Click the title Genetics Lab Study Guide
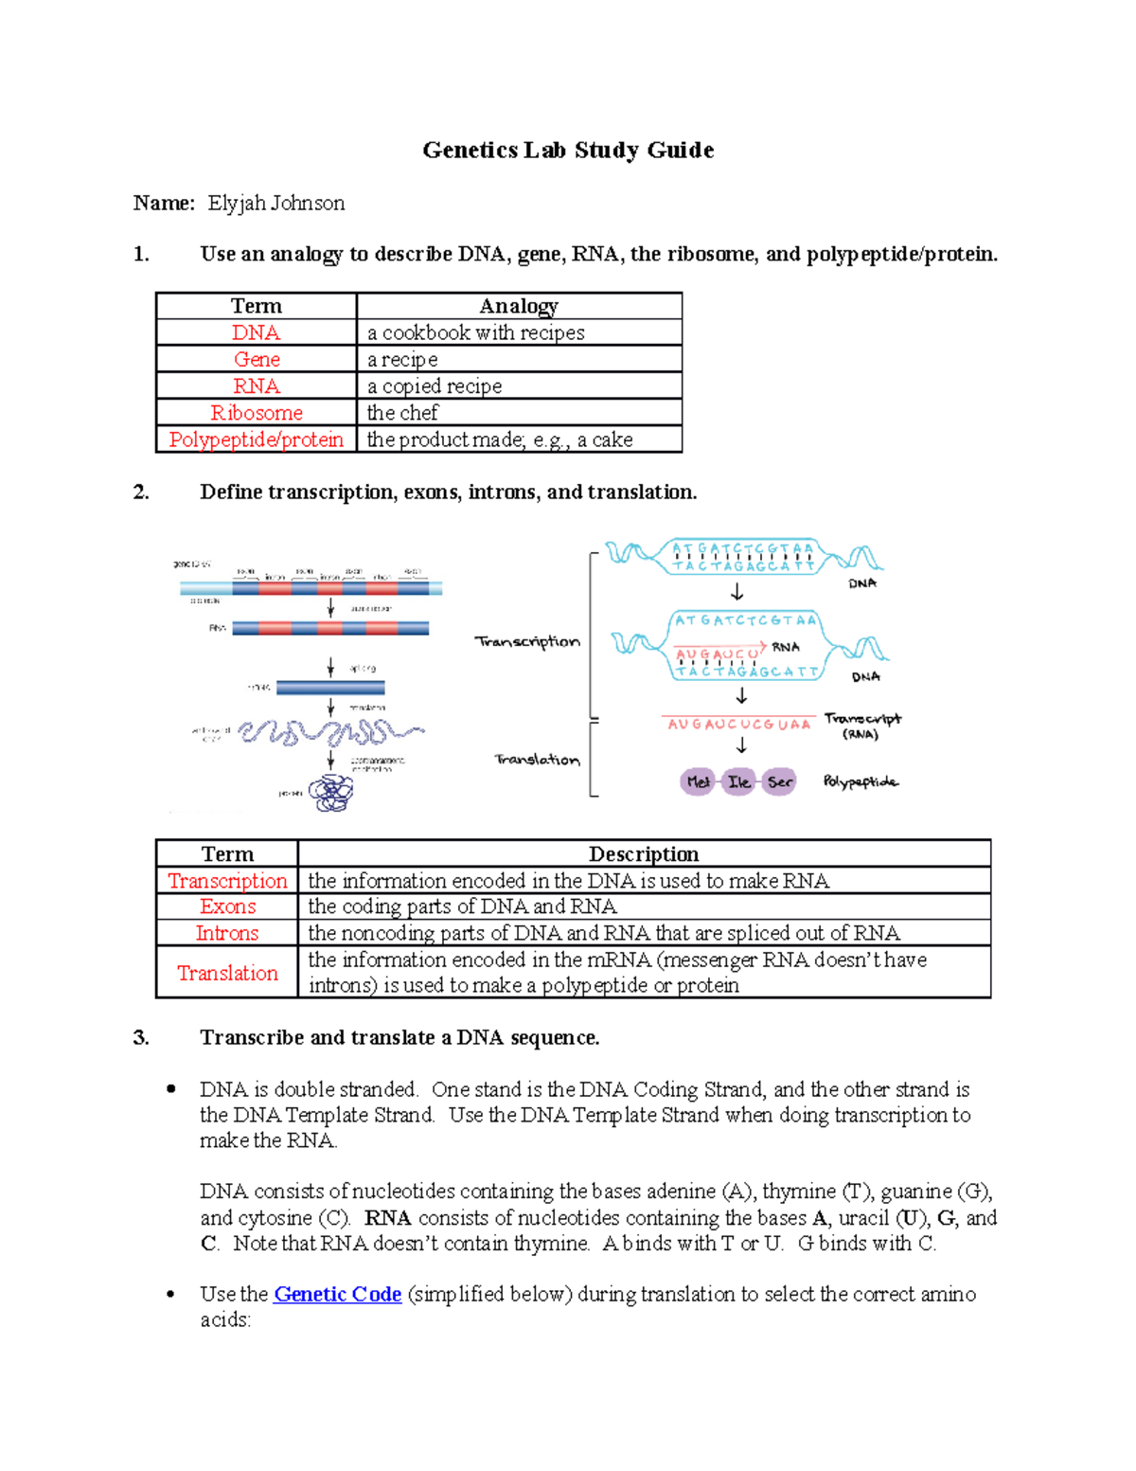(568, 151)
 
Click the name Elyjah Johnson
(276, 204)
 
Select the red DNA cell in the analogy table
(256, 333)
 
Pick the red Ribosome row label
(256, 413)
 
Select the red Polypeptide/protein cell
(256, 440)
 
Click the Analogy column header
(519, 306)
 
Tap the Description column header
(644, 854)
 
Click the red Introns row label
(227, 933)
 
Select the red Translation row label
(227, 973)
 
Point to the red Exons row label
(227, 906)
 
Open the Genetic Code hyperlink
(337, 1294)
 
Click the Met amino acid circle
(698, 781)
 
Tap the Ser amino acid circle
(779, 781)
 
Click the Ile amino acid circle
(738, 781)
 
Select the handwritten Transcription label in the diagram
(527, 641)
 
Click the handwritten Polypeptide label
(861, 781)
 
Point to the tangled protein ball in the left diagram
(331, 793)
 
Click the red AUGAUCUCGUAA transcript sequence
(738, 725)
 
